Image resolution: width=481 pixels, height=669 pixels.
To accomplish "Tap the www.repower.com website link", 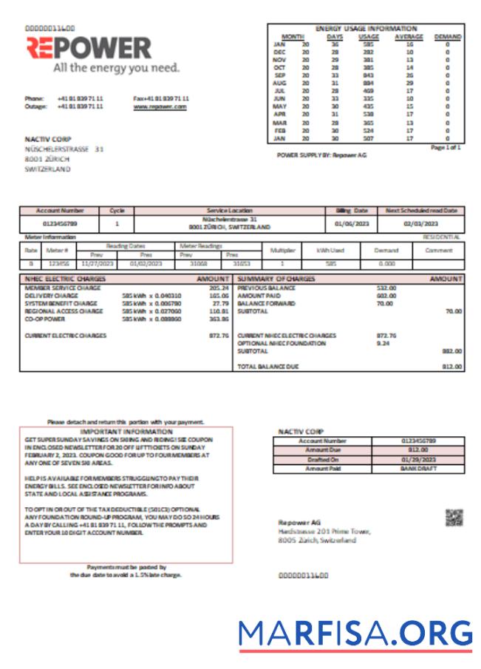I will pos(160,106).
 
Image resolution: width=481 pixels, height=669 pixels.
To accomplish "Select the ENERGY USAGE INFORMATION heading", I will pos(366,28).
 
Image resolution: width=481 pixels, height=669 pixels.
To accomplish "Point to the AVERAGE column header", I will pos(409,36).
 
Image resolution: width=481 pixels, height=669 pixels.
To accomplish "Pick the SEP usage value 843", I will pos(368,75).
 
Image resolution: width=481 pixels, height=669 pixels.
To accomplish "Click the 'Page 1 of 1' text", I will pos(446,147).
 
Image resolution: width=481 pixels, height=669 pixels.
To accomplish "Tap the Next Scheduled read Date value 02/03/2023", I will pos(421,223).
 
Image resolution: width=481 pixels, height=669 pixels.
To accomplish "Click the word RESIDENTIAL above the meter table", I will pos(443,237).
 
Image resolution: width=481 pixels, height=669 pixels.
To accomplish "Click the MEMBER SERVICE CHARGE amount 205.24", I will pos(219,287).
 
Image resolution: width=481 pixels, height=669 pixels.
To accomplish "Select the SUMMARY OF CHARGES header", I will pos(276,279).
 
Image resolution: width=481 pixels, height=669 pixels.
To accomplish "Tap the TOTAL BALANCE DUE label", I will pos(267,366).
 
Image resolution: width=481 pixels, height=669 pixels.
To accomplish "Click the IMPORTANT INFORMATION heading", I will pos(126,431).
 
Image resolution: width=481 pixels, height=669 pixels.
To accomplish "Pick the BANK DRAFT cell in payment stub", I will pos(419,468).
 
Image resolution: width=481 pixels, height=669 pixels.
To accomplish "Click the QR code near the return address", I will pos(454,518).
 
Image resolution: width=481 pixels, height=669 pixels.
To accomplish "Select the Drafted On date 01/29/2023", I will pos(419,459).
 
